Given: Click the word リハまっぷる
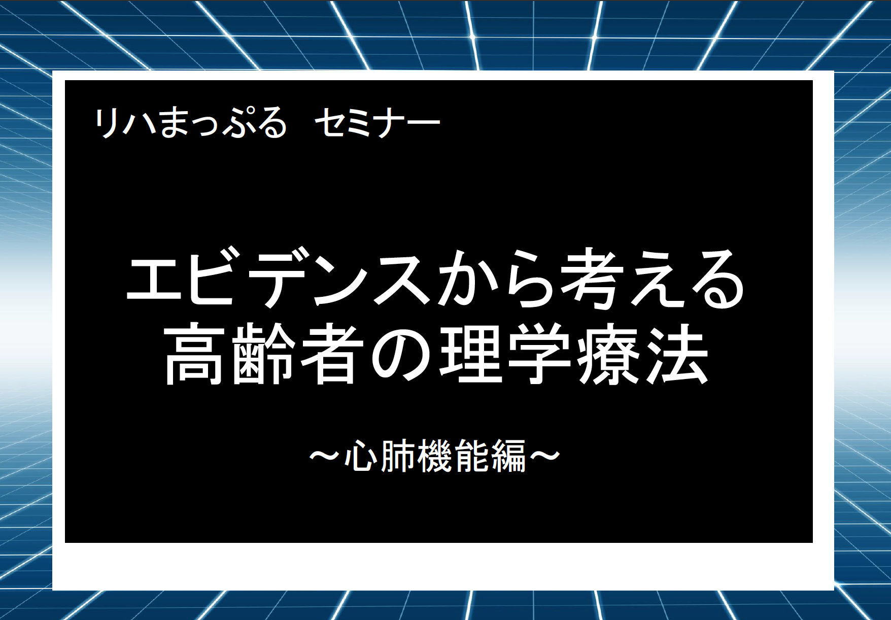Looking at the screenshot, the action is [x=191, y=123].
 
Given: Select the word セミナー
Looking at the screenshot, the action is [x=377, y=123].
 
